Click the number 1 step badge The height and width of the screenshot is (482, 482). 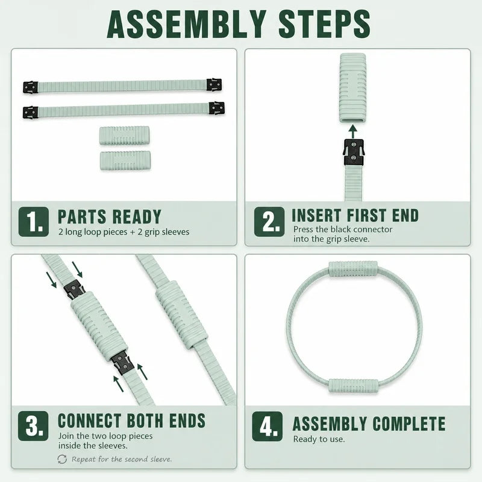click(34, 222)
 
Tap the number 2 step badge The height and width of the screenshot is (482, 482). click(269, 222)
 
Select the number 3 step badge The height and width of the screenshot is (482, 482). click(33, 426)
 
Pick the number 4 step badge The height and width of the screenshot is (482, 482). click(267, 427)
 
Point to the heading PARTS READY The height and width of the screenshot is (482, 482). click(110, 216)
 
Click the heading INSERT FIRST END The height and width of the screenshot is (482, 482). click(355, 215)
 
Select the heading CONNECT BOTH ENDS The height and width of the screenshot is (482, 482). click(131, 421)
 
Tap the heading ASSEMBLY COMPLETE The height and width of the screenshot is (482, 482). click(369, 424)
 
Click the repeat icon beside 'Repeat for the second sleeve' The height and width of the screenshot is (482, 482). click(62, 459)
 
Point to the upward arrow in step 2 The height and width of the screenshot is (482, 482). click(353, 131)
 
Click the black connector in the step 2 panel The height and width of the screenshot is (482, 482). click(354, 152)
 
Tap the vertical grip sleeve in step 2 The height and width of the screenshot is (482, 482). click(353, 88)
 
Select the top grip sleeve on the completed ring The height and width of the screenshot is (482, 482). click(353, 269)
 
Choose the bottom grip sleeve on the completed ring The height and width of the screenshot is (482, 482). click(353, 386)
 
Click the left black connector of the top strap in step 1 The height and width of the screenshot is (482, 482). click(31, 87)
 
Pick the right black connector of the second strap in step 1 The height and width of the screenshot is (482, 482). click(216, 108)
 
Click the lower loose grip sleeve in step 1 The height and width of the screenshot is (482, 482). click(125, 160)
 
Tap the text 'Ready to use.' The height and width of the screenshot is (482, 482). click(319, 439)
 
